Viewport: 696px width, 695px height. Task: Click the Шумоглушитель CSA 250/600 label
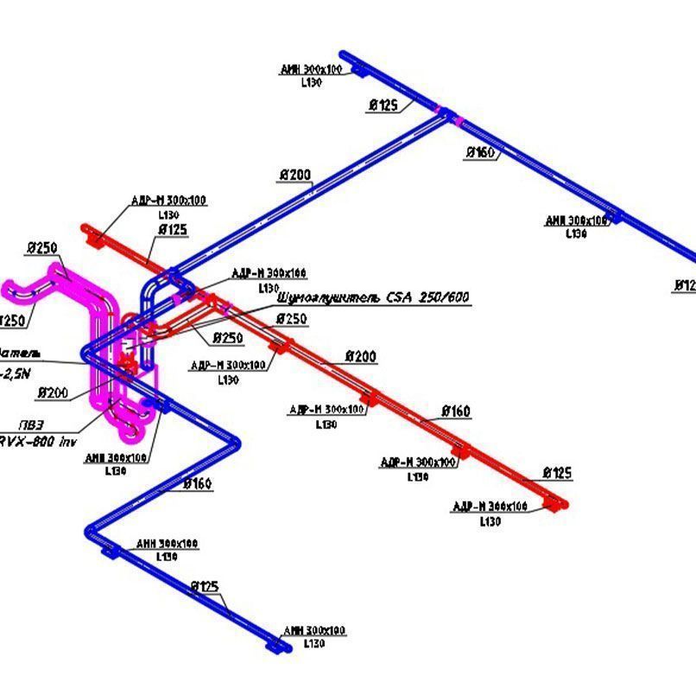(373, 297)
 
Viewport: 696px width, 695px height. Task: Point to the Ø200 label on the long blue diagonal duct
(294, 175)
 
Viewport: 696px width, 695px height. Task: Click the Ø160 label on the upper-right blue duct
(480, 153)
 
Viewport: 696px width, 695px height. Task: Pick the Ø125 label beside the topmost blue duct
(383, 105)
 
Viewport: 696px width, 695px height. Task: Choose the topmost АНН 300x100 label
(311, 70)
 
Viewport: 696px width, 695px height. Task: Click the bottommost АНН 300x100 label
(314, 630)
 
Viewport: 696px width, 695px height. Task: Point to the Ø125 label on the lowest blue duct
(205, 587)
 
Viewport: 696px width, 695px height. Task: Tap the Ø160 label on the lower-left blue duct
(198, 484)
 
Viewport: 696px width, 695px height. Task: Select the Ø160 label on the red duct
(456, 411)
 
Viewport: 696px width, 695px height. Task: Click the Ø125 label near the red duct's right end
(557, 473)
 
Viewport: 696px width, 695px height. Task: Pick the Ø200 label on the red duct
(361, 356)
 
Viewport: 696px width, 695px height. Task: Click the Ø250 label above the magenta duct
(42, 249)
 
